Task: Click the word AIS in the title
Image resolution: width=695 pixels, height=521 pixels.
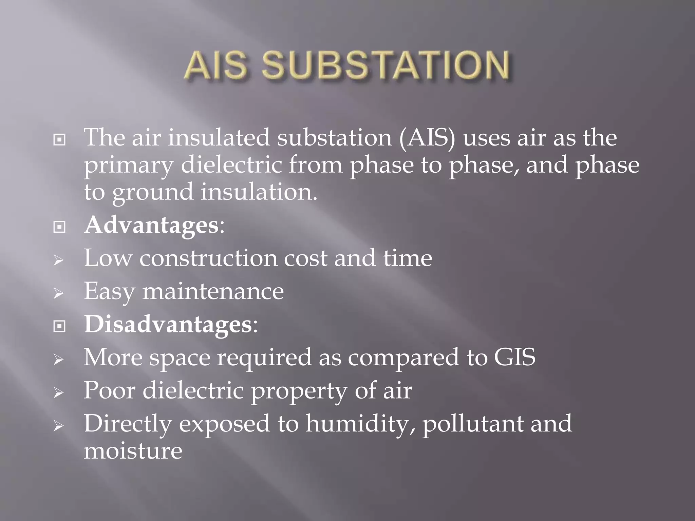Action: point(216,65)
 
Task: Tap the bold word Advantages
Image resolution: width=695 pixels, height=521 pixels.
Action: point(151,225)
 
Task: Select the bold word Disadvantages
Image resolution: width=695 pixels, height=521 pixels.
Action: point(168,325)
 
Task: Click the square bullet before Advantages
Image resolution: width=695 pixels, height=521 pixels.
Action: point(59,227)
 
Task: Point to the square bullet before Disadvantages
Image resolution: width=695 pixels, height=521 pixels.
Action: point(59,326)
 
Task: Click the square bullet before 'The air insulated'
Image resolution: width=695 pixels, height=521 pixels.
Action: point(59,139)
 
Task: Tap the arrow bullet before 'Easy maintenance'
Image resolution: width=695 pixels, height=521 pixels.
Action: point(59,293)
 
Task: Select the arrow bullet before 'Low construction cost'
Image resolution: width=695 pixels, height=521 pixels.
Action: point(59,260)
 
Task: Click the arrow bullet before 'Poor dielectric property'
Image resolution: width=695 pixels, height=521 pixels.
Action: point(59,393)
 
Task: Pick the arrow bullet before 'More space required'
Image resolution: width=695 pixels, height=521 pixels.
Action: point(59,360)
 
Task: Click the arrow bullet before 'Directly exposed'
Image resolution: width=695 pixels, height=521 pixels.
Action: point(59,426)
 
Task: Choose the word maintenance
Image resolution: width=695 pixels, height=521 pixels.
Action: point(213,291)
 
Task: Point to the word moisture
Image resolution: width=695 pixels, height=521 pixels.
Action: point(133,451)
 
